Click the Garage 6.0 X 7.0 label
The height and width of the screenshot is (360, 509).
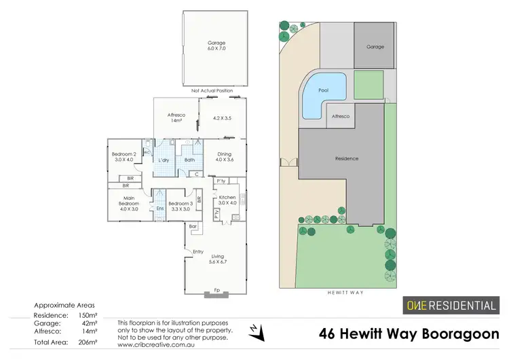tap(216, 46)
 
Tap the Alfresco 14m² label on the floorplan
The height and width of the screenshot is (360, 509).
tap(177, 118)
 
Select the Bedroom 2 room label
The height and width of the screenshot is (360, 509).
tap(124, 158)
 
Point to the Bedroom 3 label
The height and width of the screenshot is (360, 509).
tap(181, 206)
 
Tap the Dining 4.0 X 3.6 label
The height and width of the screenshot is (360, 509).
tap(224, 157)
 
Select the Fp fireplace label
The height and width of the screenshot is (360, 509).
tap(216, 291)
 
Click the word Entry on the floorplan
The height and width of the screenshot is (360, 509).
tap(197, 252)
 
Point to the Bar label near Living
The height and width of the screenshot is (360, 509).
tap(193, 226)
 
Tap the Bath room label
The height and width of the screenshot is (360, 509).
tap(189, 160)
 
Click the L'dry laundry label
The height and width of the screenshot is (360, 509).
tap(163, 160)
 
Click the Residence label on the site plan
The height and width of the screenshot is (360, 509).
tap(346, 159)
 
